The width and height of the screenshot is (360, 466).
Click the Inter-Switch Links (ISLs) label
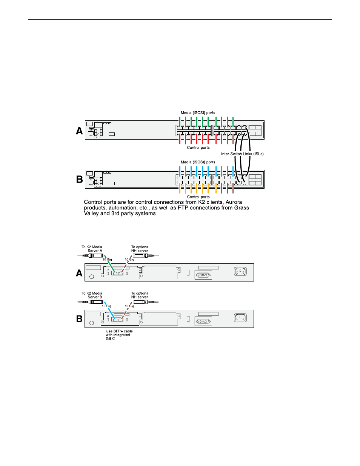(242, 154)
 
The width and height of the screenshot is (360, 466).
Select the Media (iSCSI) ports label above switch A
(198, 113)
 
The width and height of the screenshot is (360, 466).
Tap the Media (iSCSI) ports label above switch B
(198, 162)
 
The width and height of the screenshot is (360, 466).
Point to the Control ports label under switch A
(198, 148)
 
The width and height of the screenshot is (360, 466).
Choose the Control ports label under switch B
(198, 197)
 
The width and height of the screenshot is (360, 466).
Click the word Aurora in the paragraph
(234, 202)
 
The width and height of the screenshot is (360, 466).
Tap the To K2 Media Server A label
(92, 249)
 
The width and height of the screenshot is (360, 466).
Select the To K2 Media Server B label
(92, 295)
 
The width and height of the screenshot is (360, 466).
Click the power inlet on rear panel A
(240, 271)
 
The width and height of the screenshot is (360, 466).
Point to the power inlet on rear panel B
(240, 318)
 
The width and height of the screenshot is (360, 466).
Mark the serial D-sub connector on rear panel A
(203, 275)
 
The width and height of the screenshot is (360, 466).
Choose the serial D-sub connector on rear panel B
(203, 321)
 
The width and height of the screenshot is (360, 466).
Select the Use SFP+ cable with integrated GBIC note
(119, 335)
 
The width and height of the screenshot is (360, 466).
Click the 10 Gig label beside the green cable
(107, 260)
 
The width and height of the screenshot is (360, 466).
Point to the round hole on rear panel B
(92, 323)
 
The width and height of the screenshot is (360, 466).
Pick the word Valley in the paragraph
(91, 214)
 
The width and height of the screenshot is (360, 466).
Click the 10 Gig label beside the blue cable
(106, 306)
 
